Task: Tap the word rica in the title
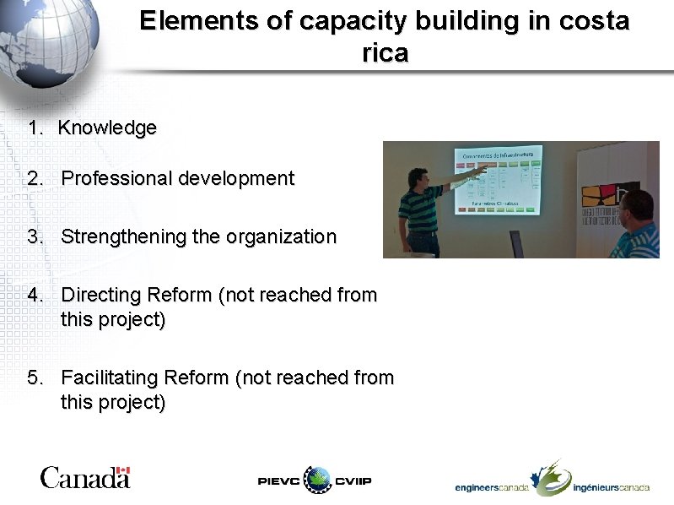point(385,53)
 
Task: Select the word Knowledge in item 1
point(108,128)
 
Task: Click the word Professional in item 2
point(115,179)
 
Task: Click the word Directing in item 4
point(101,296)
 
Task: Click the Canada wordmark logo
point(84,477)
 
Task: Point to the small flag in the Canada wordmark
point(123,470)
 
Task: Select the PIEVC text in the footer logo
point(278,481)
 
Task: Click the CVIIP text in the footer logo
point(353,481)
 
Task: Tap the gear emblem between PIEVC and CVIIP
point(318,481)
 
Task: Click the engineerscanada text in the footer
point(492,488)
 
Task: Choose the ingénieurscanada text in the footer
point(611,488)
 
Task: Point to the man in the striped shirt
point(421,211)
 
